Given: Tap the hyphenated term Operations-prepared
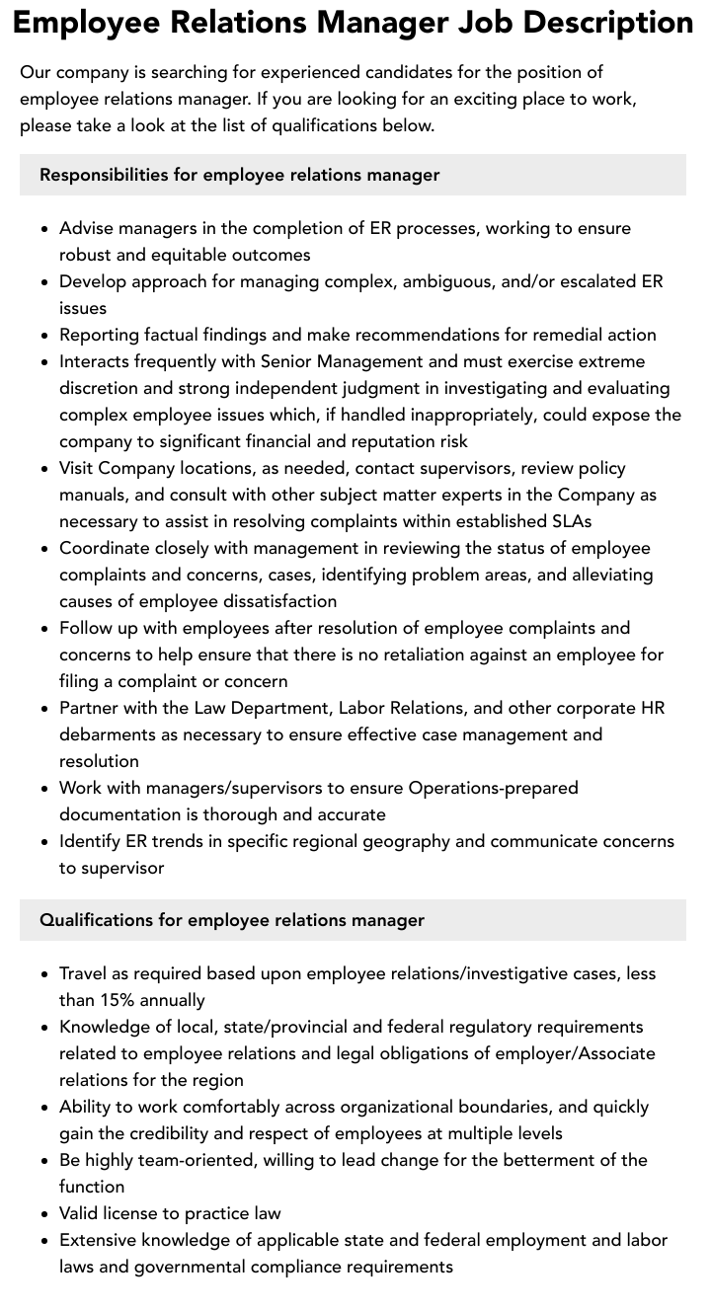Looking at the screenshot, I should [493, 788].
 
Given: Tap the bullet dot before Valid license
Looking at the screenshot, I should [45, 1214].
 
